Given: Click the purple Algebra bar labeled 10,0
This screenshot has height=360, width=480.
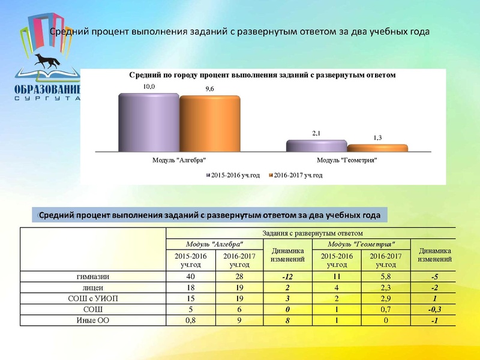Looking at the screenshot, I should (x=149, y=123).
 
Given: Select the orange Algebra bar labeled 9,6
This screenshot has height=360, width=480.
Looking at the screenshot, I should (x=209, y=124).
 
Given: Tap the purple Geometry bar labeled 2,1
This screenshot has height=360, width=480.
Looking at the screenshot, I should (x=316, y=146).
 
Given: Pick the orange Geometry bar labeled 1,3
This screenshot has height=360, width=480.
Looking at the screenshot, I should (x=377, y=148).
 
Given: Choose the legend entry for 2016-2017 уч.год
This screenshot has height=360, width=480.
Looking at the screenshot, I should (x=296, y=175).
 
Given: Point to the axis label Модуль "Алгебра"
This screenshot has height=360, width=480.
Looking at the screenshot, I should (x=179, y=160).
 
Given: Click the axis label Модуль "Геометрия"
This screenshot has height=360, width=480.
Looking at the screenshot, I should (x=347, y=160).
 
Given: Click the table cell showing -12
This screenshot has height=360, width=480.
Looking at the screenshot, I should (x=287, y=277).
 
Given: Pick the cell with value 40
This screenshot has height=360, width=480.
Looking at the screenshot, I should (x=191, y=277).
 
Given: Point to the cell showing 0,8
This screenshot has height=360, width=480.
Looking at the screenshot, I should (x=191, y=320).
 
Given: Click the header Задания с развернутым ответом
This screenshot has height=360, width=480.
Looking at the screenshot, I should (x=310, y=233).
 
